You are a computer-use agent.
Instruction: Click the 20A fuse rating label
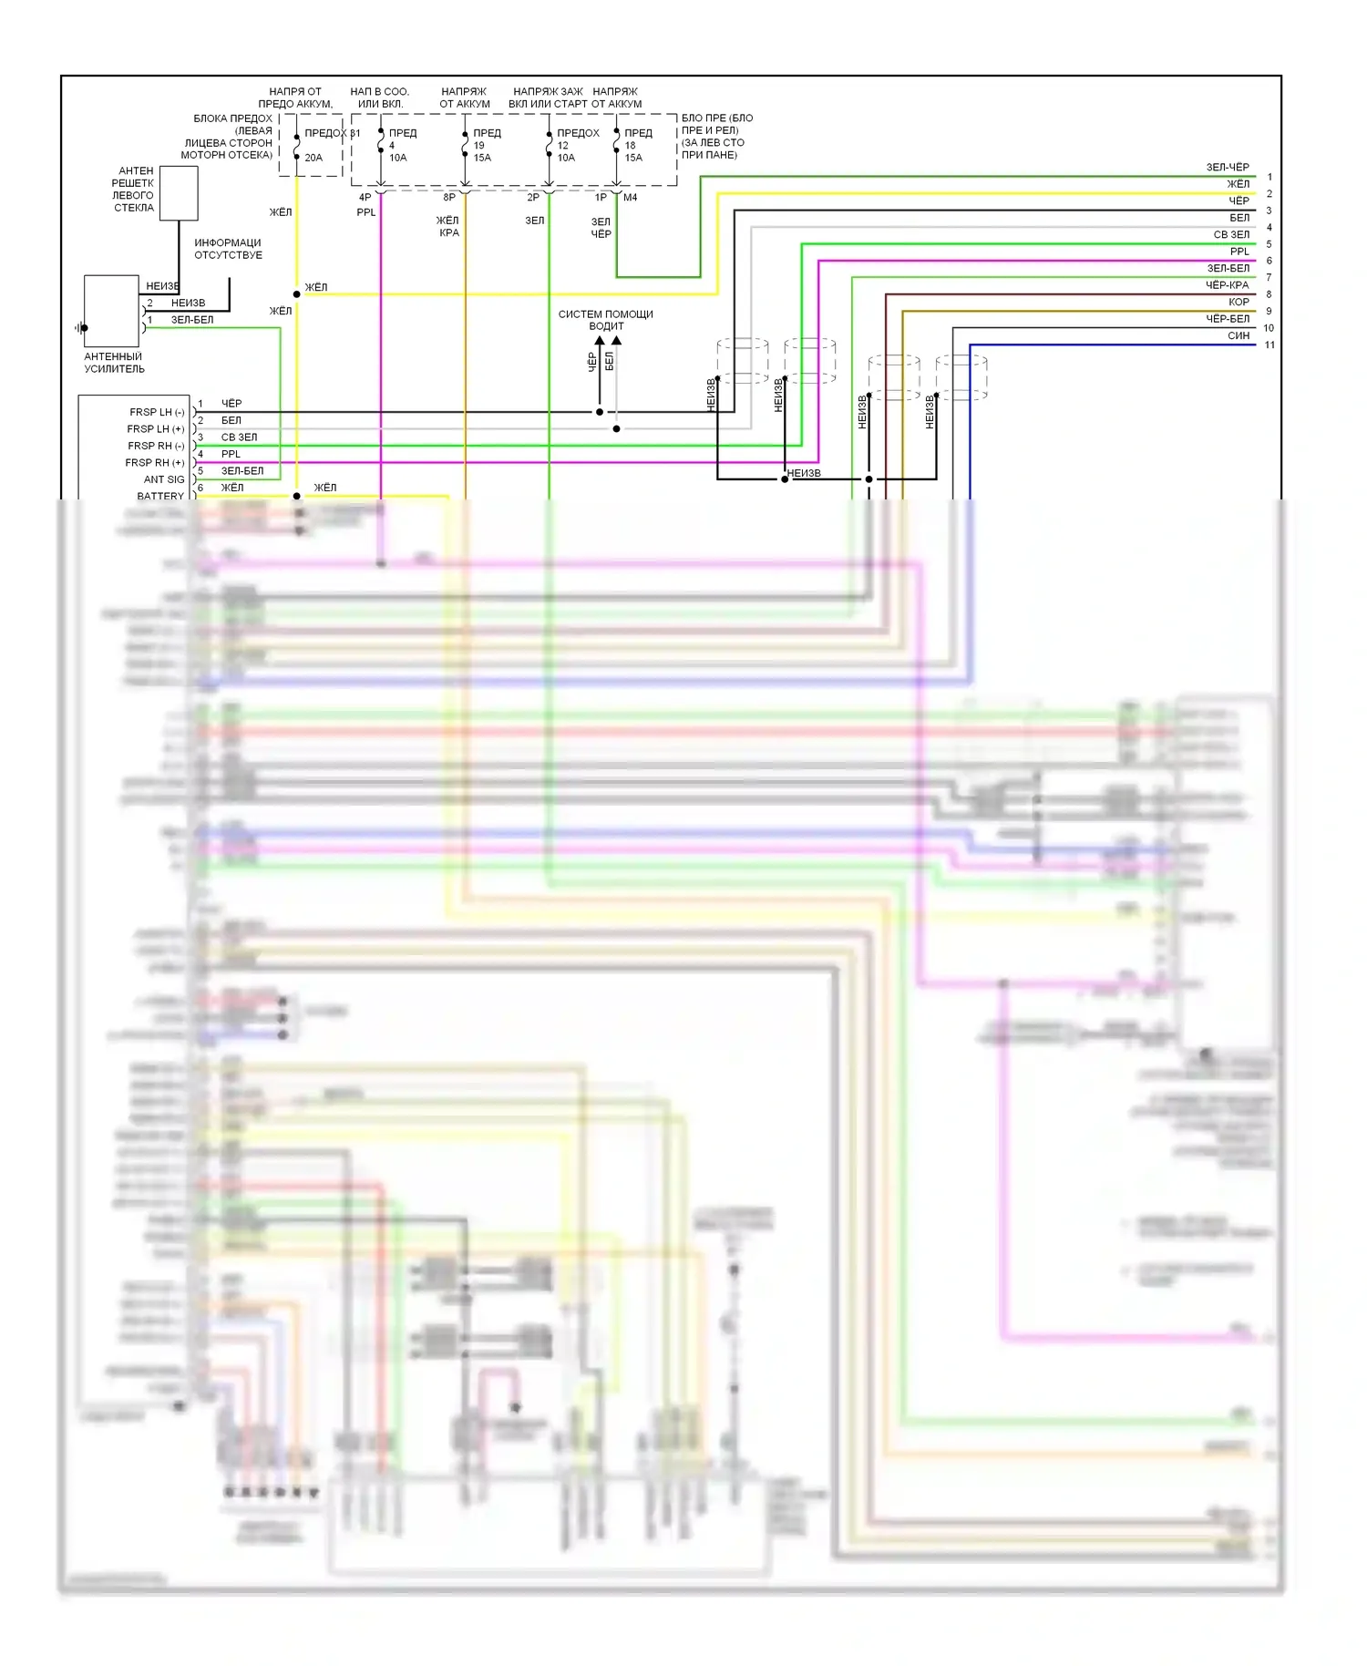(313, 158)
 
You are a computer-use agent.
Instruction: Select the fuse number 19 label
(478, 145)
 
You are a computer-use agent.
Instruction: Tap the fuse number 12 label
(562, 145)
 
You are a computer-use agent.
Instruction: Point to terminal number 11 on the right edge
(1269, 345)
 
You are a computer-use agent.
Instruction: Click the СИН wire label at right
(1239, 336)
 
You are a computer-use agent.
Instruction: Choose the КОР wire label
(1239, 303)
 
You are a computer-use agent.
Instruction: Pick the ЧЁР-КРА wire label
(1227, 285)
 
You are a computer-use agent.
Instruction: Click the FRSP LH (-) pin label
(157, 412)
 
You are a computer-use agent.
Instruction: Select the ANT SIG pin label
(164, 479)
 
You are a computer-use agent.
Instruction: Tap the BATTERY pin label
(160, 496)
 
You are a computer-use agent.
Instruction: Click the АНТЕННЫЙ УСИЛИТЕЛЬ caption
(114, 363)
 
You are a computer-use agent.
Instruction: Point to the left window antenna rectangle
(179, 192)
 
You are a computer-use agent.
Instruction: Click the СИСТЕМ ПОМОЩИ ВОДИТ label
(605, 320)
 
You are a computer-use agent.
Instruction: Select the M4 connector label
(631, 198)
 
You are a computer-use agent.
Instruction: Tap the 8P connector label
(449, 198)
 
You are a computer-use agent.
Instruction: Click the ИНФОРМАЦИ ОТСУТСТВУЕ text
(228, 249)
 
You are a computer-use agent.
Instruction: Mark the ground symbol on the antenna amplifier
(81, 327)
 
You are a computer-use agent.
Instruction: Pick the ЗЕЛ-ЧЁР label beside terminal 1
(1228, 168)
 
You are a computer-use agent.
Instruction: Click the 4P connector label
(365, 198)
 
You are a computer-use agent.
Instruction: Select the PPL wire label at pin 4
(231, 454)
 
